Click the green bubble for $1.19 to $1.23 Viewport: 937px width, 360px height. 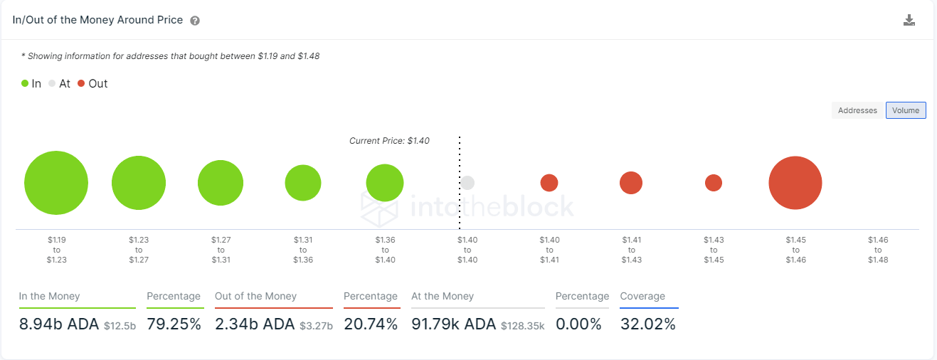click(x=56, y=183)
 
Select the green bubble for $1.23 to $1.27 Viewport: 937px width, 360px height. click(x=139, y=183)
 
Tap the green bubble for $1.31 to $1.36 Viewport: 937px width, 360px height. click(x=303, y=183)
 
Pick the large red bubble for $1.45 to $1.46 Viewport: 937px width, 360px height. click(x=795, y=183)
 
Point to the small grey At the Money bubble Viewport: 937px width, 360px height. click(x=467, y=183)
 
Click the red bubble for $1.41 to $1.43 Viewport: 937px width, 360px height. click(x=631, y=183)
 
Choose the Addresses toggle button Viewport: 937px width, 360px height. click(x=857, y=110)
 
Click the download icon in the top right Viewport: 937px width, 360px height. click(x=909, y=20)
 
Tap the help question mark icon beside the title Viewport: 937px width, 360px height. click(x=195, y=21)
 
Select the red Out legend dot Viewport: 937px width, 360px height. click(x=81, y=83)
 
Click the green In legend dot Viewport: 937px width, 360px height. click(x=25, y=83)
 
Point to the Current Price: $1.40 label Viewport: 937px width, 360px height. click(x=389, y=141)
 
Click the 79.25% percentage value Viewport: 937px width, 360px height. click(x=174, y=324)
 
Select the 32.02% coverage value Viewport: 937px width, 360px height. click(x=647, y=324)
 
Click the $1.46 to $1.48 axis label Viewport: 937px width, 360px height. click(x=878, y=250)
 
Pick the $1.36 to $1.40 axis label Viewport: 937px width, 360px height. click(x=385, y=250)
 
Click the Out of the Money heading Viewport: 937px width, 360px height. click(x=255, y=296)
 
